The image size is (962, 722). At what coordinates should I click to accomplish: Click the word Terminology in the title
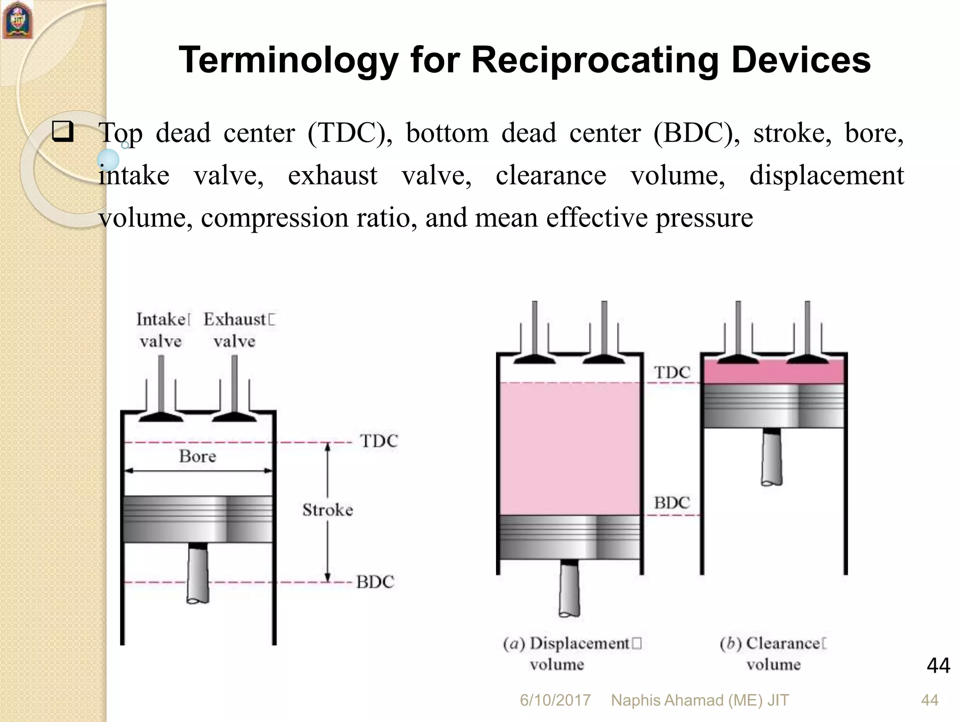click(288, 61)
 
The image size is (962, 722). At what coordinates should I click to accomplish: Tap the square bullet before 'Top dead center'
click(63, 132)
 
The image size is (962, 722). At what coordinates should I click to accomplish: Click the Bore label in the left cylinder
click(197, 456)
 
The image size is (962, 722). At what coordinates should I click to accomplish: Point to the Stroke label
click(327, 510)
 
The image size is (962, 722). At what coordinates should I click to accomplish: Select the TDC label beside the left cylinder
click(379, 441)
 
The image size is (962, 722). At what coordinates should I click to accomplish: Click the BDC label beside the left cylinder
click(375, 582)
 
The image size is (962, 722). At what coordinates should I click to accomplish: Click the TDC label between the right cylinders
click(672, 372)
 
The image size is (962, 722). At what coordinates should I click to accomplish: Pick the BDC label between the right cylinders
click(672, 503)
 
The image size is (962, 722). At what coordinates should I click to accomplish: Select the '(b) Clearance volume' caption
click(773, 653)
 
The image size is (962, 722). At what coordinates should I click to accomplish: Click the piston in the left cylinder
click(197, 519)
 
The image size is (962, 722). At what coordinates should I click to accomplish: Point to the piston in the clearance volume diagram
click(773, 405)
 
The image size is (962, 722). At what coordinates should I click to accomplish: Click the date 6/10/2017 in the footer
click(555, 700)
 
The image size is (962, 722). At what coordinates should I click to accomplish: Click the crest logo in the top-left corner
click(18, 20)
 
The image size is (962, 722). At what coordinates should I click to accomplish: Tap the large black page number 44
click(938, 666)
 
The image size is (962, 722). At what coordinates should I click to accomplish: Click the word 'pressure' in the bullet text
click(704, 218)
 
